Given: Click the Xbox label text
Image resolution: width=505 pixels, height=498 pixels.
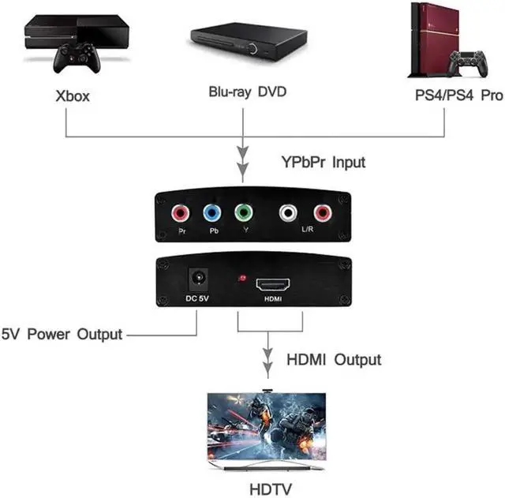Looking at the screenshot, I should click(73, 97).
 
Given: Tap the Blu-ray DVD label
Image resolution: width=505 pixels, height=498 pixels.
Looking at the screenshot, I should click(246, 92).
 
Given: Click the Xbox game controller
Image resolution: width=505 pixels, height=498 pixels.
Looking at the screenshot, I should click(76, 58).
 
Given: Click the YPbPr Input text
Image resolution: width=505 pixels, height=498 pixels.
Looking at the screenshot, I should click(324, 163).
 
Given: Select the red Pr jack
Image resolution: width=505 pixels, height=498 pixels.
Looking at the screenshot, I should click(181, 213).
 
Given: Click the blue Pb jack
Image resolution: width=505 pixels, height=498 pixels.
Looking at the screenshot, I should click(211, 213).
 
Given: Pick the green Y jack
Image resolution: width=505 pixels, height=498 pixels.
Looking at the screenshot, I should click(244, 213).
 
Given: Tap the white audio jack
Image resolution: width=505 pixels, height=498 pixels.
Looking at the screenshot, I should click(288, 213).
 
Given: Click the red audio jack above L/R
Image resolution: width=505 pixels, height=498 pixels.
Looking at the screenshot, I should click(320, 213).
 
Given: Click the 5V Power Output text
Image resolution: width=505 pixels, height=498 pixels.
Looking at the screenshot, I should click(62, 334).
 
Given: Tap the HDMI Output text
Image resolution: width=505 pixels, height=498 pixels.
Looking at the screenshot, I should click(333, 360).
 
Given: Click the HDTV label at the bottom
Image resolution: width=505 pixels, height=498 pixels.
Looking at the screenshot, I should click(269, 489).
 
